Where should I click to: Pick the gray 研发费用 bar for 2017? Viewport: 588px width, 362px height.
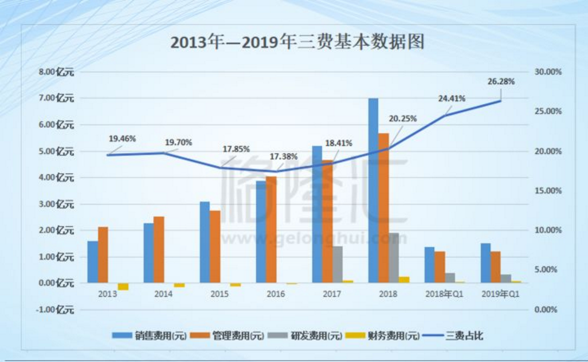[338, 264]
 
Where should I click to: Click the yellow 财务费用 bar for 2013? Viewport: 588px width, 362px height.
[123, 286]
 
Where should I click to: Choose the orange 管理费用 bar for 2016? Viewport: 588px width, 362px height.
[271, 229]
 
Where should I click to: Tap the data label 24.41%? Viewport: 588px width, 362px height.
[451, 98]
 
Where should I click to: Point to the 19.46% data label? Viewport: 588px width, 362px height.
[121, 139]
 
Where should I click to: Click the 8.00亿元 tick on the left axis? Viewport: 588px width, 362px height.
[56, 72]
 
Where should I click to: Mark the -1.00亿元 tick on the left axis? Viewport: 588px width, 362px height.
[55, 310]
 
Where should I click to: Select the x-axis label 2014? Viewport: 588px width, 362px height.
[163, 294]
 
